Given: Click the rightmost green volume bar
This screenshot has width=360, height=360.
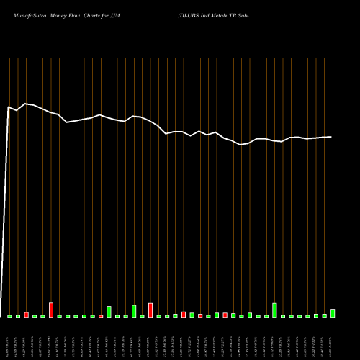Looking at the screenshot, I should click(333, 313).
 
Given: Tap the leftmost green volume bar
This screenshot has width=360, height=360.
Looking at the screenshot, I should click(9, 316).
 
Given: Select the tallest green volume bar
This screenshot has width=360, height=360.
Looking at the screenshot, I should click(274, 310).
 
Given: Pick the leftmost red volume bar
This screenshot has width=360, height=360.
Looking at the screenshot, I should click(26, 315).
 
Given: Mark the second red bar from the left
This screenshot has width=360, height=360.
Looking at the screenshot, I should click(51, 310).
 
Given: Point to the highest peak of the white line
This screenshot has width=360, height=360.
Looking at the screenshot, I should click(26, 104).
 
